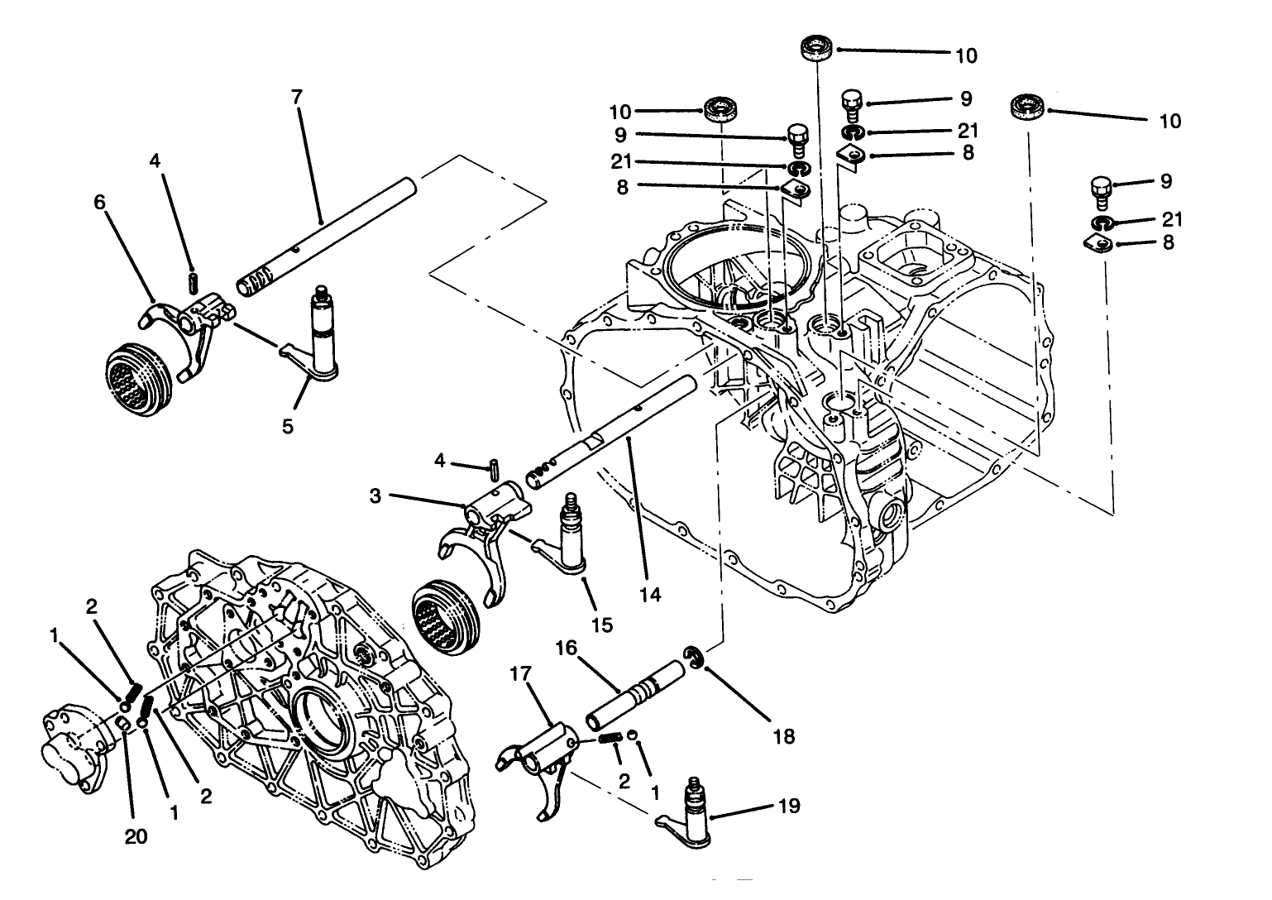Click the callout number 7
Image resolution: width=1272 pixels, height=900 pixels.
pyautogui.click(x=297, y=97)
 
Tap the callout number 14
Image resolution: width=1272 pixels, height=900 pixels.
pyautogui.click(x=651, y=594)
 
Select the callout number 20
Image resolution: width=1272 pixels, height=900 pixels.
pyautogui.click(x=136, y=836)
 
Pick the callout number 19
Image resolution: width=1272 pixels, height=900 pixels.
pyautogui.click(x=789, y=805)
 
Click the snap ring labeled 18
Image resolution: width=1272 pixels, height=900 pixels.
pyautogui.click(x=695, y=657)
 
